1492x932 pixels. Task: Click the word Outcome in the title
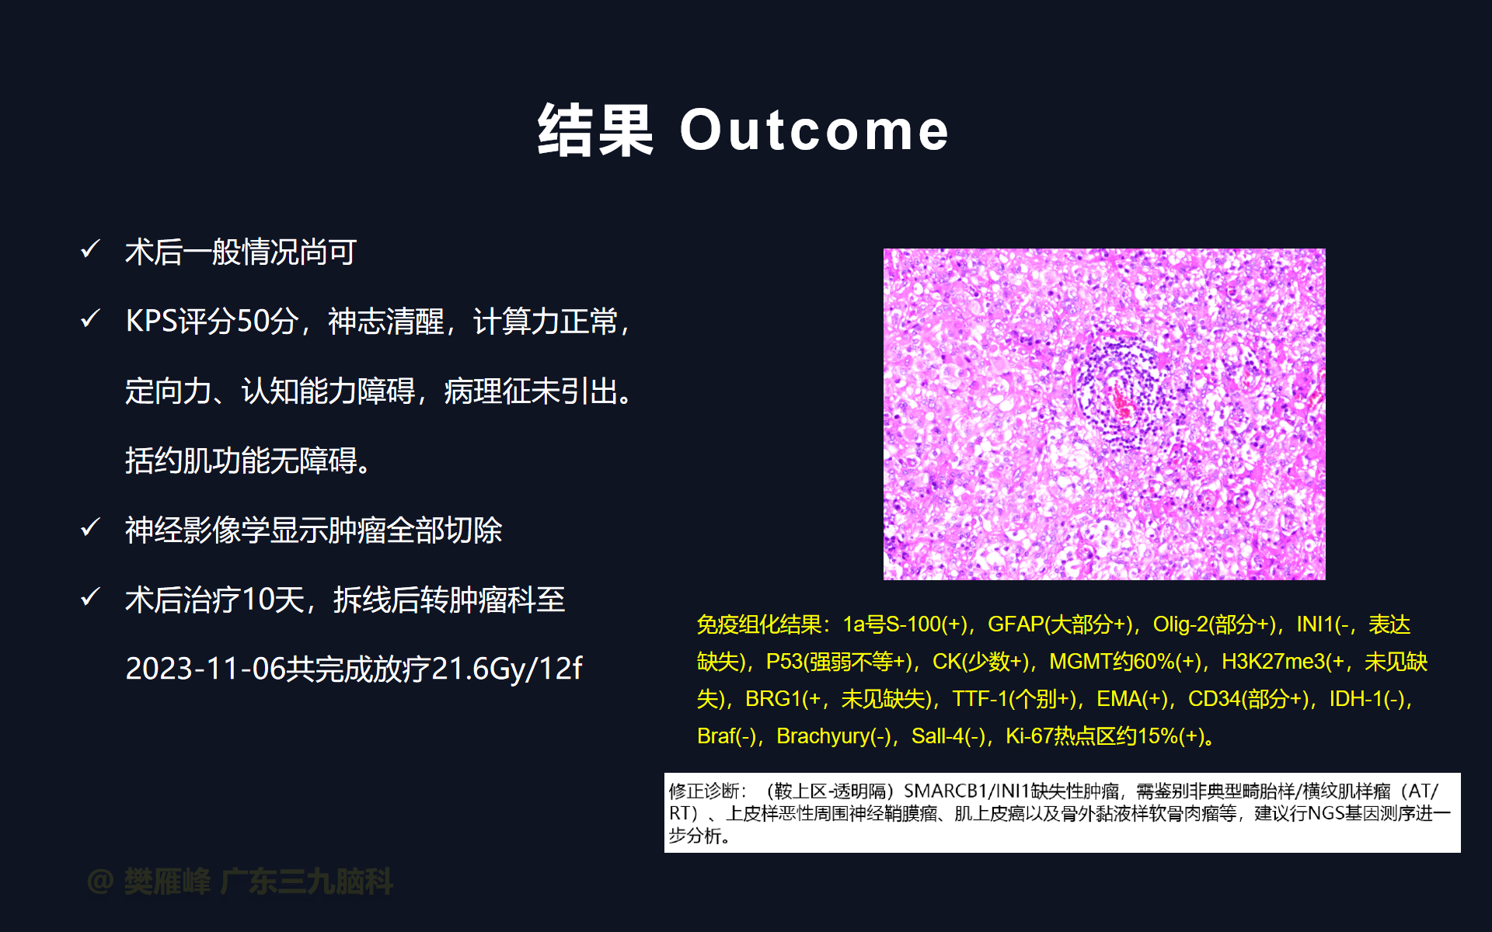(x=814, y=130)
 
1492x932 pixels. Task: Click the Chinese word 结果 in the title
(x=595, y=130)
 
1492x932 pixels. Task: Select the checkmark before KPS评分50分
(x=91, y=318)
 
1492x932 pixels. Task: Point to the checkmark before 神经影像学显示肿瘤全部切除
(x=91, y=527)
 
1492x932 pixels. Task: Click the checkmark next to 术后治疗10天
(x=91, y=596)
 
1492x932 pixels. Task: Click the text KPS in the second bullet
(x=152, y=321)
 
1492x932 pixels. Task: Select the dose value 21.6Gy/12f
(x=506, y=669)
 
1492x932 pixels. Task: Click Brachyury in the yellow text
(x=823, y=736)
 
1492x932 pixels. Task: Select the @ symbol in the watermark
(x=101, y=882)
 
